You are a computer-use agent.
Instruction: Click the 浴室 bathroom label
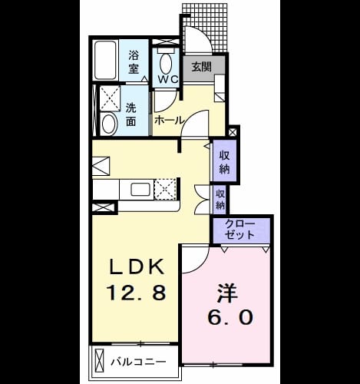[x=134, y=61]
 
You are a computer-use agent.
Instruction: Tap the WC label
[x=168, y=79]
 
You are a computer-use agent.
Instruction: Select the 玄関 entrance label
[x=202, y=67]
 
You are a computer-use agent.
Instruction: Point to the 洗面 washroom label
[x=130, y=115]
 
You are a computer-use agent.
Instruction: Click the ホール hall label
[x=169, y=120]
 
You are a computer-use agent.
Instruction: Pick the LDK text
[x=137, y=267]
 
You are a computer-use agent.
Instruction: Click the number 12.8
[x=137, y=293]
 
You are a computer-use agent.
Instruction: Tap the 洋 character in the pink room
[x=228, y=292]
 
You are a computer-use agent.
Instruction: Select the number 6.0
[x=230, y=317]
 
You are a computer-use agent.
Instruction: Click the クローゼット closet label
[x=240, y=230]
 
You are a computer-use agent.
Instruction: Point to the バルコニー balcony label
[x=138, y=362]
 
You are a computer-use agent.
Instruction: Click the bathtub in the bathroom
[x=106, y=60]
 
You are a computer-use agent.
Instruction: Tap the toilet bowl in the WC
[x=166, y=63]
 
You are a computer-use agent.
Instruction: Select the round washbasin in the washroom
[x=109, y=124]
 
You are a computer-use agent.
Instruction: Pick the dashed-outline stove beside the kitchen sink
[x=165, y=189]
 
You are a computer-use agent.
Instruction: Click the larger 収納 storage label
[x=224, y=162]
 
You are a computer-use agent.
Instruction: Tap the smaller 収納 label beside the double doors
[x=220, y=200]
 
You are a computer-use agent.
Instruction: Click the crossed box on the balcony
[x=100, y=362]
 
